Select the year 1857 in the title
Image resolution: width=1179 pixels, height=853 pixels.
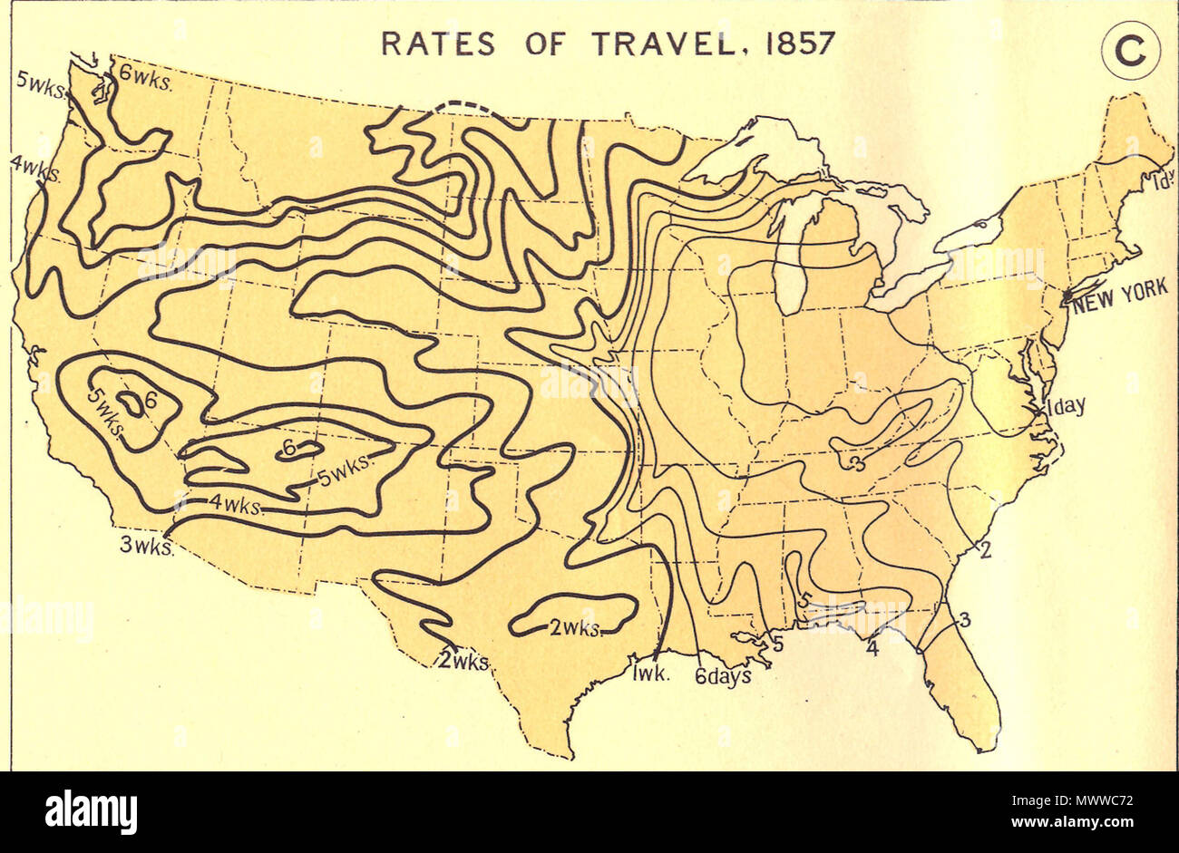point(799,44)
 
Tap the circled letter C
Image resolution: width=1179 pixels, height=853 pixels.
point(1130,54)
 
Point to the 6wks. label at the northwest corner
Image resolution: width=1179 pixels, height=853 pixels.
point(146,74)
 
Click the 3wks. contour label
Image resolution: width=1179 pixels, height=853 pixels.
point(146,547)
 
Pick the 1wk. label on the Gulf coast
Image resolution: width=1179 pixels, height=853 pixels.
point(651,673)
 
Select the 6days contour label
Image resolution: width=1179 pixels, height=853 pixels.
point(724,675)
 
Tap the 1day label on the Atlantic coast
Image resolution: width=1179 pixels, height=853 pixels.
point(1065,406)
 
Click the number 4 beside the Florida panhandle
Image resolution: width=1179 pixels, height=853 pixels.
point(872,649)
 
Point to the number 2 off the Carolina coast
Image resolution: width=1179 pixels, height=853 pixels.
point(983,548)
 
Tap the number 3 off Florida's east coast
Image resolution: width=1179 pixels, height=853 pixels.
point(964,620)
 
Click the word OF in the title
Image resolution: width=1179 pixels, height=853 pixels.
point(542,44)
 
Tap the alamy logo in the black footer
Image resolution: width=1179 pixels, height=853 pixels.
point(91,811)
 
